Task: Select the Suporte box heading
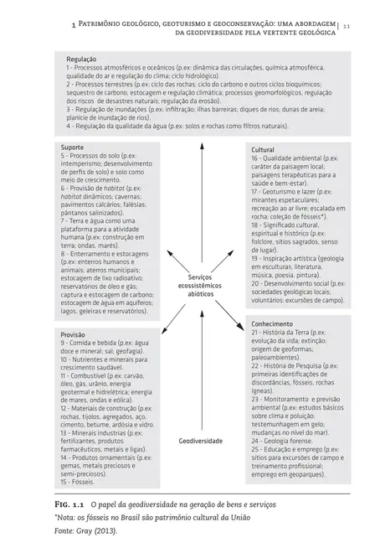point(74,147)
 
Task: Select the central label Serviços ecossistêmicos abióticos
point(200,286)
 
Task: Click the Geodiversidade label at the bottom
point(201,440)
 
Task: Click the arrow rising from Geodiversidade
point(201,369)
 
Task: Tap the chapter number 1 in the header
point(77,25)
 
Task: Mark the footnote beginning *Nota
point(134,519)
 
